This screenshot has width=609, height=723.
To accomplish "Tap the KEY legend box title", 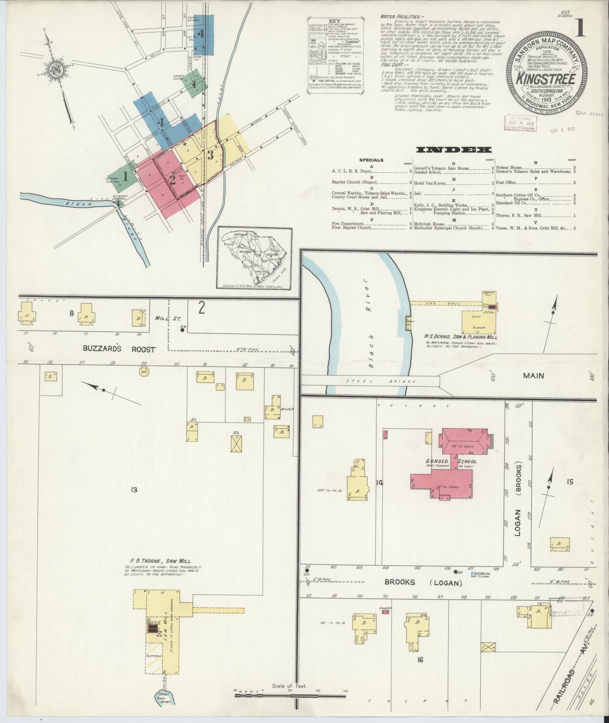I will pyautogui.click(x=335, y=21).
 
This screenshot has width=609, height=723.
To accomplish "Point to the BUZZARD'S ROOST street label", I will pyautogui.click(x=119, y=349).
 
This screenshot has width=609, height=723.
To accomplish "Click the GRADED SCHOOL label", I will pyautogui.click(x=451, y=461).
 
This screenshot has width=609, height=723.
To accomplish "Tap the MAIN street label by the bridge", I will pyautogui.click(x=533, y=375).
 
